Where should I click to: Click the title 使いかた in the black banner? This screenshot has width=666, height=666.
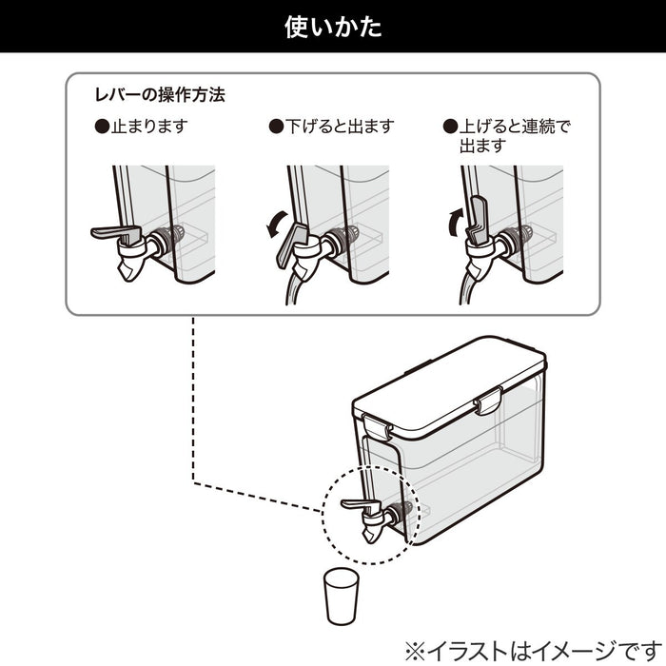click(x=333, y=27)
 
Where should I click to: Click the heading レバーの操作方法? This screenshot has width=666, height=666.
click(x=159, y=96)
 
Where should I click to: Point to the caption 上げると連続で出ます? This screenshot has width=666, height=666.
click(x=513, y=136)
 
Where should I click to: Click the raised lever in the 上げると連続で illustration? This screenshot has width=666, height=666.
click(x=478, y=218)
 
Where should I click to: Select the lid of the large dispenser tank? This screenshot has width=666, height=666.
click(x=447, y=373)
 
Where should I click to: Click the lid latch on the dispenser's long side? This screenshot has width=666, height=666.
click(x=490, y=401)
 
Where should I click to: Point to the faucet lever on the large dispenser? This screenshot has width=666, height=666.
click(x=356, y=504)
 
